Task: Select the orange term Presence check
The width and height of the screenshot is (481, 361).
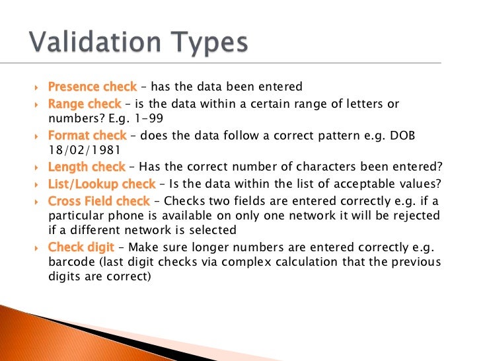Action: click(92, 87)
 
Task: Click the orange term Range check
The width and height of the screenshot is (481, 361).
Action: click(85, 104)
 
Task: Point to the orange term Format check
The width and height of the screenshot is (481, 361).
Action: click(88, 136)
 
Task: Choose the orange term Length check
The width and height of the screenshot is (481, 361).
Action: click(87, 167)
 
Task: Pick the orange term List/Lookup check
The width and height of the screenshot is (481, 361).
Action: click(102, 184)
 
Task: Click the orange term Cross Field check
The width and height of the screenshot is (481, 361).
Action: click(99, 200)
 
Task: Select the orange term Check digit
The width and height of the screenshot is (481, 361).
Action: click(81, 247)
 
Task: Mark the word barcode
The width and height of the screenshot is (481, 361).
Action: click(72, 262)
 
